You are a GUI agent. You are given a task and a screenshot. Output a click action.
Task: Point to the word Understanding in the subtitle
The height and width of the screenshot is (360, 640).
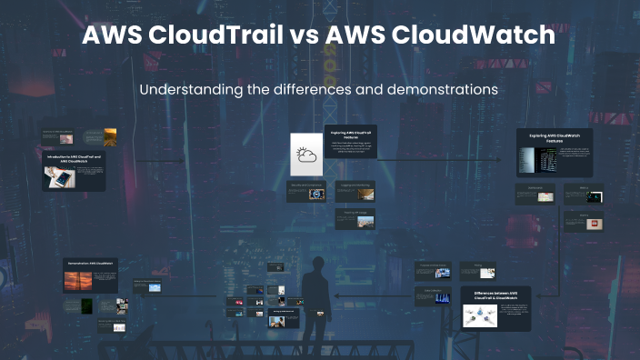point(192,91)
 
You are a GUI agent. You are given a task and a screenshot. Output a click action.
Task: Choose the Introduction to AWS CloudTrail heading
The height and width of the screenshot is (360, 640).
point(75,158)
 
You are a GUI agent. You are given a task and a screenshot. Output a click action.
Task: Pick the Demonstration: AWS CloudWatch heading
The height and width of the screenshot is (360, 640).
point(89,264)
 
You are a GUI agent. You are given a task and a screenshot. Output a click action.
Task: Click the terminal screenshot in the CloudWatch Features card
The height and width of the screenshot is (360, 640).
point(527,161)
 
